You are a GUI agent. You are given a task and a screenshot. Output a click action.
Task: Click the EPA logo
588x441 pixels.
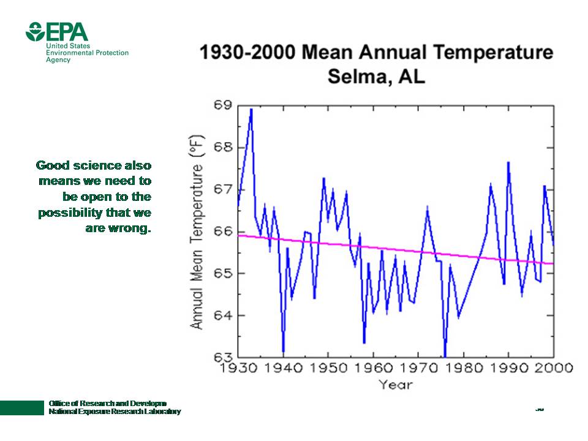pyautogui.click(x=56, y=32)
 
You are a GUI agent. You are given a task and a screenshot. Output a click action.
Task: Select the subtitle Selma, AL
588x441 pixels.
pyautogui.click(x=376, y=77)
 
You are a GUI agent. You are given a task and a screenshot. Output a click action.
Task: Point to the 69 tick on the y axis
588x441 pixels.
pyautogui.click(x=223, y=105)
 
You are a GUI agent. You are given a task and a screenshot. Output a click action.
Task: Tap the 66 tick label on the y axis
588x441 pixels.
pyautogui.click(x=223, y=232)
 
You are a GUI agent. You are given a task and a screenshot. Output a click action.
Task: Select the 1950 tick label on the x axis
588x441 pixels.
pyautogui.click(x=328, y=367)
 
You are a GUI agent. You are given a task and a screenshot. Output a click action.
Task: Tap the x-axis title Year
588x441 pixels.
pyautogui.click(x=395, y=385)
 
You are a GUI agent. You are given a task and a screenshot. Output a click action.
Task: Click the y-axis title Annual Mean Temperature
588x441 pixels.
pyautogui.click(x=197, y=232)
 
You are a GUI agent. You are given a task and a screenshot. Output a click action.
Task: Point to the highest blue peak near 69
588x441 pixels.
pyautogui.click(x=251, y=110)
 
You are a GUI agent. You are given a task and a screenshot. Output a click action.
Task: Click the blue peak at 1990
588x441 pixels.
pyautogui.click(x=508, y=162)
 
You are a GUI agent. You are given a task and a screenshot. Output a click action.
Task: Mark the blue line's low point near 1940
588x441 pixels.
pyautogui.click(x=283, y=352)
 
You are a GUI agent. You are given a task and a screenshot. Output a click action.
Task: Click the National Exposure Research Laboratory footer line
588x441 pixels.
pyautogui.click(x=115, y=412)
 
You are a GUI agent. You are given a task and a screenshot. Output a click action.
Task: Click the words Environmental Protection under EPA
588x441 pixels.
pyautogui.click(x=88, y=53)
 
